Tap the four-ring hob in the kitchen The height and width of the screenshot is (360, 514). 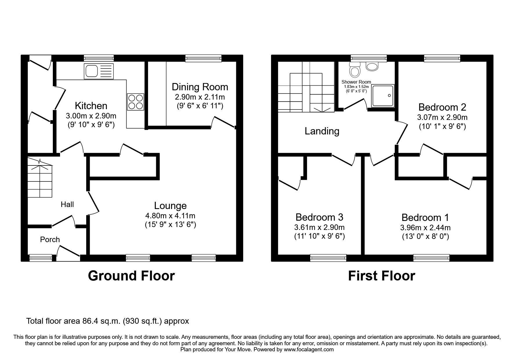tap(136, 102)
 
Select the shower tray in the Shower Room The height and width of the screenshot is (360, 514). tap(383, 96)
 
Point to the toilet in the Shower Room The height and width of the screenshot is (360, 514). tap(355, 70)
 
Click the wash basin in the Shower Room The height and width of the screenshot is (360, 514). tap(372, 66)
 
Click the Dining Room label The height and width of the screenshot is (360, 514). tap(200, 87)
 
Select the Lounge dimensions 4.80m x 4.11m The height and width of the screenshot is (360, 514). tap(170, 216)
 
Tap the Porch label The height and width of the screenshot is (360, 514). tap(50, 240)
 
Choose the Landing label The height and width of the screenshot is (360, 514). tap(322, 131)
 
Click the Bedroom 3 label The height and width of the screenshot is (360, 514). tap(319, 217)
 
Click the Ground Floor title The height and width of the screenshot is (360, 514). tap(131, 276)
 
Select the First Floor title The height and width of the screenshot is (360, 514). tap(381, 276)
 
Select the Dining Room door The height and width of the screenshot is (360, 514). tap(223, 122)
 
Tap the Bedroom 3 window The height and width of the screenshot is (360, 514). tap(328, 258)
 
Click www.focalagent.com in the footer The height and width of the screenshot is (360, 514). tap(309, 350)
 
